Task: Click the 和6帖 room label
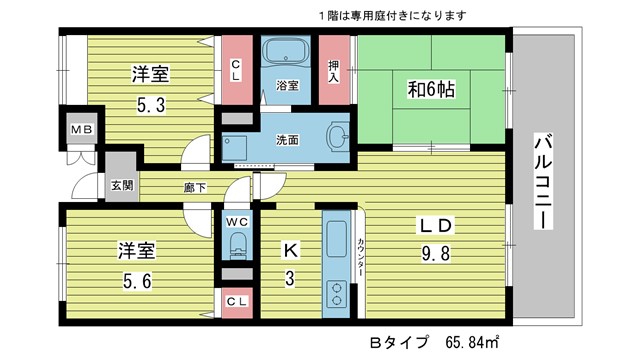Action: [431, 90]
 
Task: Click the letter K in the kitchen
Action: [288, 249]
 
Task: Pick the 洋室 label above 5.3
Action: [147, 73]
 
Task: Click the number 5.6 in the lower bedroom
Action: [137, 281]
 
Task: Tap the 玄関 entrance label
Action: [121, 185]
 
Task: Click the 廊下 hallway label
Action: [194, 188]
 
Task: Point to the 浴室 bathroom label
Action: [287, 86]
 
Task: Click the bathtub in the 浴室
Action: [287, 52]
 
